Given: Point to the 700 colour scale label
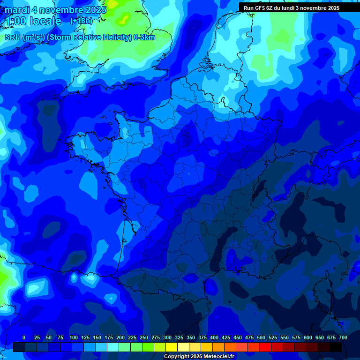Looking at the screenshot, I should [x=343, y=337].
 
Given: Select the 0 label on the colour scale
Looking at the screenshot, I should [x=24, y=337].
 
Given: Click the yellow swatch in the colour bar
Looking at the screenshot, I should [x=172, y=347].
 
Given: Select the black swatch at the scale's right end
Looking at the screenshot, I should [x=336, y=347].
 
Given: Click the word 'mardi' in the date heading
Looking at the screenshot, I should [x=17, y=10].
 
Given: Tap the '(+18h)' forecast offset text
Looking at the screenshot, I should [x=81, y=21].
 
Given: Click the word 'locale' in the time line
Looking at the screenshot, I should [x=45, y=21].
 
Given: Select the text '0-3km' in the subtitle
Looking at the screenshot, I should [x=145, y=37].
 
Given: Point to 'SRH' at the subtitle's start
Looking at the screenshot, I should [x=13, y=37].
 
